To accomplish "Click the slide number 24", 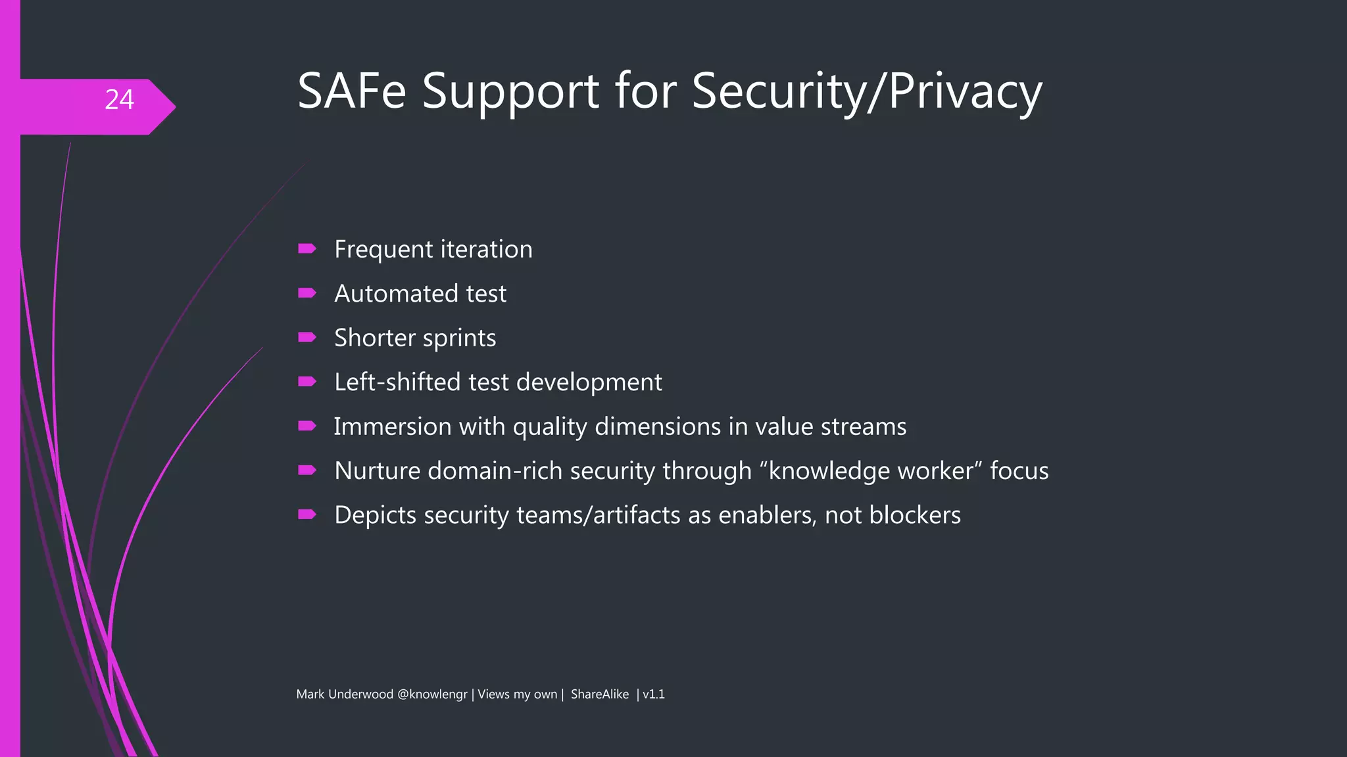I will pyautogui.click(x=119, y=100).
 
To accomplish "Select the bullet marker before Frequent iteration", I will pyautogui.click(x=307, y=248).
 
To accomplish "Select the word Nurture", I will pyautogui.click(x=377, y=470).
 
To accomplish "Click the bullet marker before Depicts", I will pyautogui.click(x=307, y=515).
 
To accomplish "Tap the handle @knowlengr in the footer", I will pyautogui.click(x=432, y=695).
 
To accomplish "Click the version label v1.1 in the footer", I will pyautogui.click(x=654, y=695).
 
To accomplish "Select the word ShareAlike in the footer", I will pyautogui.click(x=599, y=695).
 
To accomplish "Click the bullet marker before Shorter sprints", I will pyautogui.click(x=307, y=337).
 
